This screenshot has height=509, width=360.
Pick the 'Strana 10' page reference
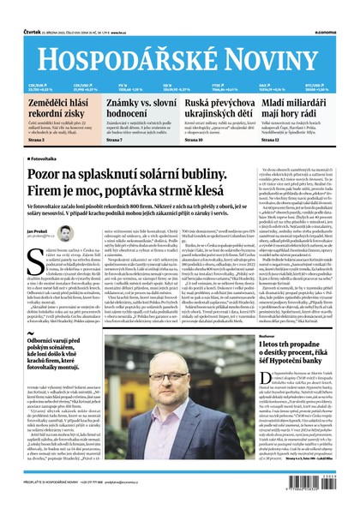coord(195,139)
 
